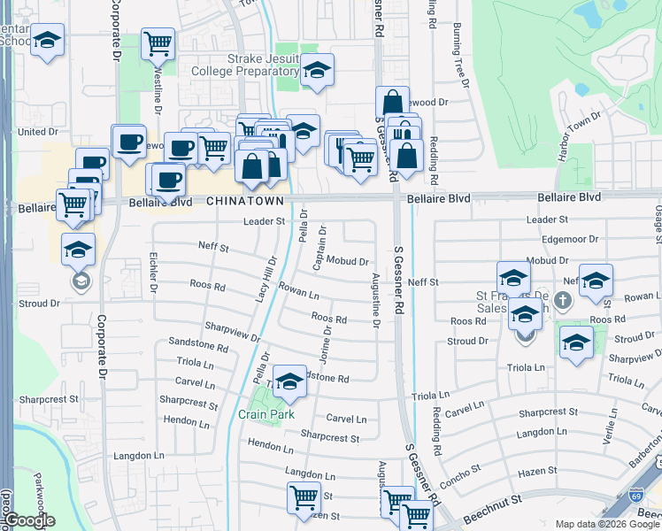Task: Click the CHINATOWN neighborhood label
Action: [244, 202]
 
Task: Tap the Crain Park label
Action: [266, 414]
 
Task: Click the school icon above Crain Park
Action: [289, 382]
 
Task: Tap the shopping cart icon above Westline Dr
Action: [158, 42]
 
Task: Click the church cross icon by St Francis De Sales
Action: [565, 299]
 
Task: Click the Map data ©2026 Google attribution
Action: [606, 524]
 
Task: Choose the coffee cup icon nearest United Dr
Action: [129, 142]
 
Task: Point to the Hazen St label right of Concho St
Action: [540, 471]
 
